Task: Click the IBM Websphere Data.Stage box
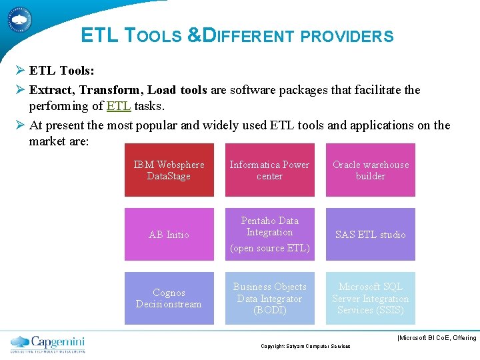169,170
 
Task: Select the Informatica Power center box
269,170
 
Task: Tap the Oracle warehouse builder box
370,170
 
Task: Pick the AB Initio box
169,234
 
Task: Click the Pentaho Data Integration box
269,227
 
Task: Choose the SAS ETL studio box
370,234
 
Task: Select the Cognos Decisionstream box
169,298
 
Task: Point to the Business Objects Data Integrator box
269,298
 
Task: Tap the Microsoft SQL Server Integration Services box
370,298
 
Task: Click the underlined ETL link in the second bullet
119,105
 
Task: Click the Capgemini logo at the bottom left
47,343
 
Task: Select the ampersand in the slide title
193,35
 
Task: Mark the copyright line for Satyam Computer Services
305,346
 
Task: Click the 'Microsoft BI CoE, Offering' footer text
437,338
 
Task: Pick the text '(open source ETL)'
269,248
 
